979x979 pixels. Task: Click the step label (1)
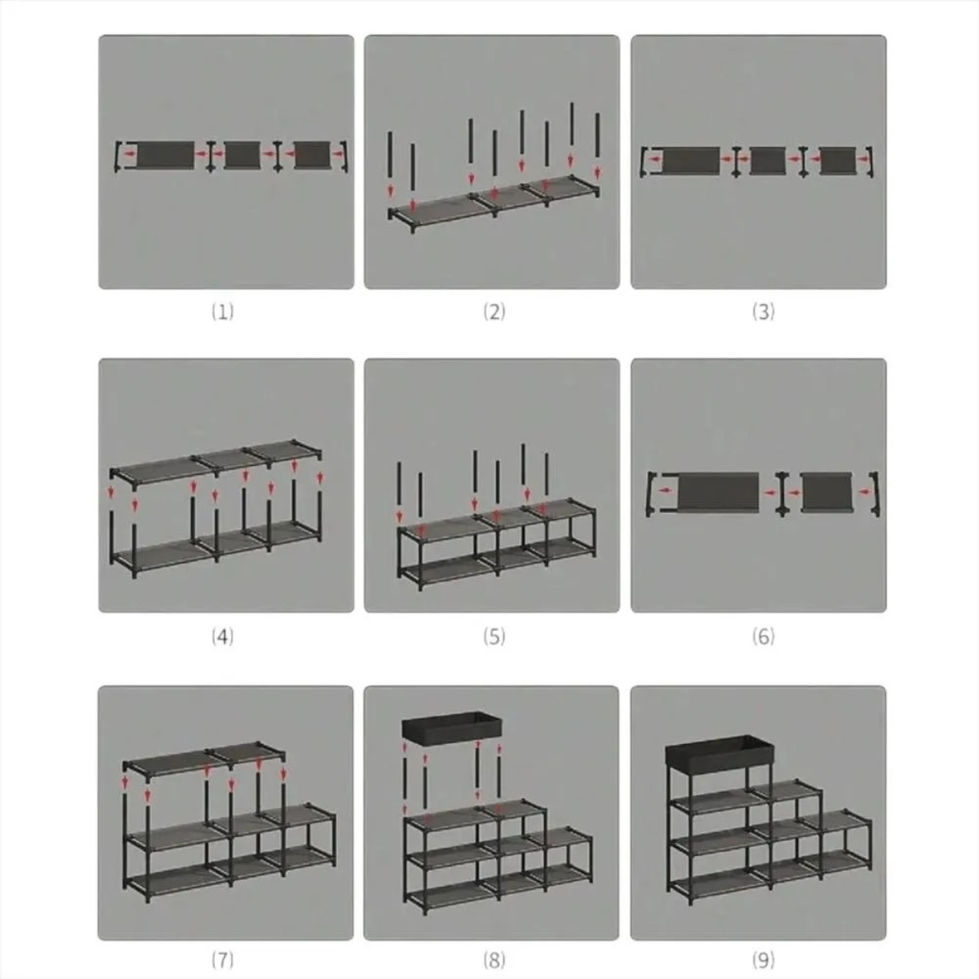click(223, 312)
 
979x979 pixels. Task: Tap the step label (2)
click(494, 312)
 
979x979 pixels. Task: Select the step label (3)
click(763, 312)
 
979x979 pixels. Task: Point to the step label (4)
click(223, 636)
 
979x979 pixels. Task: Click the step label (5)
click(494, 636)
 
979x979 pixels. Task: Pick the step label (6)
click(763, 636)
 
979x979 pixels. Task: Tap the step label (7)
click(223, 959)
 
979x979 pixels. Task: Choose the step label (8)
click(494, 959)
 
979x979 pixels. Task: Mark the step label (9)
click(763, 959)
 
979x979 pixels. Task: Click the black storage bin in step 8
click(452, 727)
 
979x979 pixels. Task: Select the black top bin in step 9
click(720, 752)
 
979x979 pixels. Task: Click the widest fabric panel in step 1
click(165, 155)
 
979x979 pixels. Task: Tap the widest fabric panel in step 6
click(719, 492)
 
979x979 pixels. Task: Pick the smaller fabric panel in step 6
click(826, 492)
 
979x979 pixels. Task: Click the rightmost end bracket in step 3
click(869, 162)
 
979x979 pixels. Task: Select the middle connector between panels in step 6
click(781, 494)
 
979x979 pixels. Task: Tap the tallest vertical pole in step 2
click(572, 130)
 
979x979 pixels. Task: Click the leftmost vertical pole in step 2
click(390, 155)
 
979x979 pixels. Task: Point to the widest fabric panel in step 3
click(692, 161)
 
